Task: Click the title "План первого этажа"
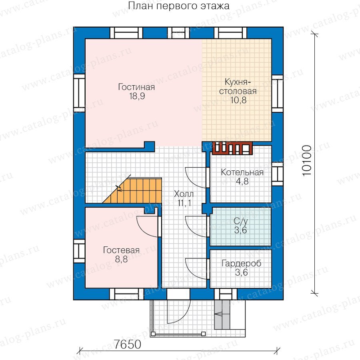[179, 6]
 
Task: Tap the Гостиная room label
[136, 87]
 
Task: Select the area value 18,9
[137, 96]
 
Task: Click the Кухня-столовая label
[238, 86]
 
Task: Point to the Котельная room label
[242, 172]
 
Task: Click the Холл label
[184, 194]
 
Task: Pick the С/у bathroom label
[241, 221]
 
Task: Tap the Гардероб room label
[241, 263]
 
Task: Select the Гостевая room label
[121, 250]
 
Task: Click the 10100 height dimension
[307, 161]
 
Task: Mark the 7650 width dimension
[128, 344]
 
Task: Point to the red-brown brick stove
[232, 148]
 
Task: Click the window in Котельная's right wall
[277, 174]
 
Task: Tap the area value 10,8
[238, 100]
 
